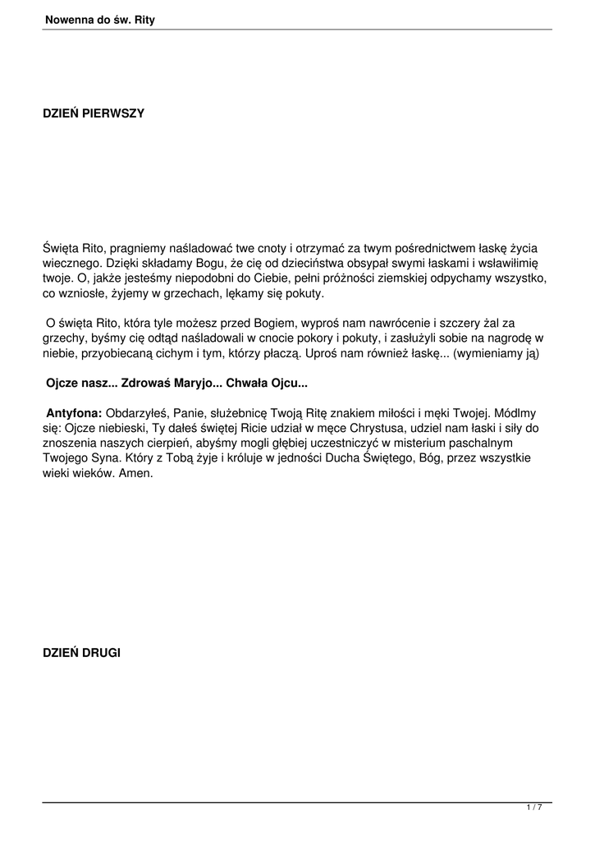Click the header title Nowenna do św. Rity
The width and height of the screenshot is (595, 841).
(100, 20)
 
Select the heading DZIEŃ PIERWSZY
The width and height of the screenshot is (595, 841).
(94, 113)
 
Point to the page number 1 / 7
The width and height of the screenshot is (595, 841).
(534, 808)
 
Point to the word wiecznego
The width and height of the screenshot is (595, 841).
(71, 263)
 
